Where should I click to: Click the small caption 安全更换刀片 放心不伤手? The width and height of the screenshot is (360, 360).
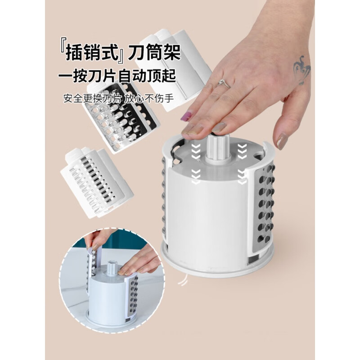click(118, 97)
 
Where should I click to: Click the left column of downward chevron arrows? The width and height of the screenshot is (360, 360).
click(195, 164)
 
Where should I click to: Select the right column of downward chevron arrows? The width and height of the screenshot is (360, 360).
click(242, 164)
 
